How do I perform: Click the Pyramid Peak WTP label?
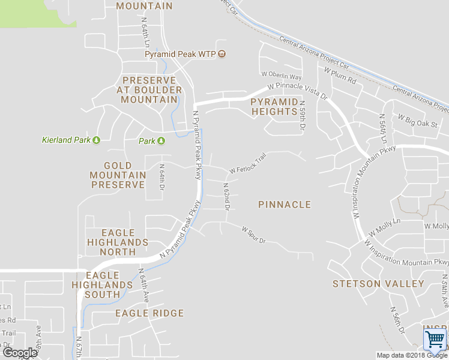click(x=180, y=54)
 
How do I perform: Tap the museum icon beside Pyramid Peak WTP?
click(x=222, y=54)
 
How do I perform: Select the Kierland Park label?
click(x=66, y=140)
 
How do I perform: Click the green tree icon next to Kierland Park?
click(x=96, y=140)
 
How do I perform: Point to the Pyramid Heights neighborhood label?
click(x=274, y=107)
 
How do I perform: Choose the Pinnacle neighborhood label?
click(x=285, y=205)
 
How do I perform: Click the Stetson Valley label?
click(x=378, y=283)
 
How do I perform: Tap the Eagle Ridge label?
click(x=149, y=313)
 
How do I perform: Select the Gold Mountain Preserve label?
click(x=118, y=175)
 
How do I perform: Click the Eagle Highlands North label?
click(x=118, y=242)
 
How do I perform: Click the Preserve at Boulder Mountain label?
click(x=149, y=90)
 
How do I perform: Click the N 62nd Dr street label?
click(x=226, y=197)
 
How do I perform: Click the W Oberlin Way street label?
click(x=282, y=77)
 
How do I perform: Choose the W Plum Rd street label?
click(x=340, y=76)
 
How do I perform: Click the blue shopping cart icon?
click(x=435, y=340)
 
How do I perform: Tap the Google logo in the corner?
click(x=20, y=352)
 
